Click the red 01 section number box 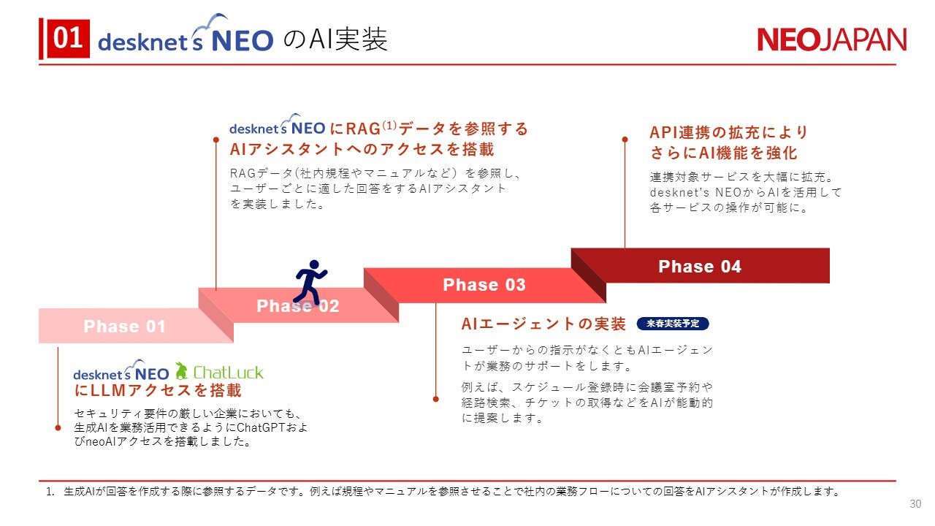point(69,39)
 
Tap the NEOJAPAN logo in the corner point(832,40)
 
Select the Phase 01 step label point(124,326)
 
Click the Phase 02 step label point(297,305)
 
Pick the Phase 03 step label point(484,285)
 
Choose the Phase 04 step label point(700,267)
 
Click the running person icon point(310,282)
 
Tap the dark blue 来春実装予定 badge point(673,324)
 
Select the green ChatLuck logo point(219,371)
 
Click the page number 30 point(915,504)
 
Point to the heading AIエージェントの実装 point(543,324)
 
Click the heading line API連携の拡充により point(729,132)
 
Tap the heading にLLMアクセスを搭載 point(158,390)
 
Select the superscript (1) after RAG point(389,125)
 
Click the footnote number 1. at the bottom point(50,492)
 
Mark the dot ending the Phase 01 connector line point(58,428)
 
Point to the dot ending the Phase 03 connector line point(436,399)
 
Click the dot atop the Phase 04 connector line point(625,140)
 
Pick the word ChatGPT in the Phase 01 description point(261,427)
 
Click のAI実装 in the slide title point(335,39)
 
